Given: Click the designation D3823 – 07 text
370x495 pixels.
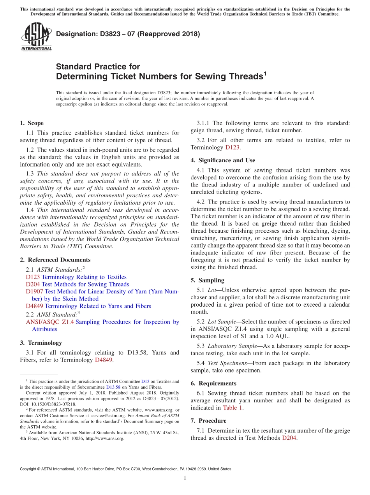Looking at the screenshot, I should coord(128,34).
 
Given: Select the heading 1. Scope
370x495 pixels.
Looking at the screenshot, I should coord(32,123).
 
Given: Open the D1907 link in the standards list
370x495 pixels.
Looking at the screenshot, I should coord(34,291).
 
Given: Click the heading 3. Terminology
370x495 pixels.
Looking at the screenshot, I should coord(41,343).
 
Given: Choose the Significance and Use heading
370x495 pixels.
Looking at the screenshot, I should coord(223,160).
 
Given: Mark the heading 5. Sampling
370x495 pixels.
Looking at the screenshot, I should coord(207,280).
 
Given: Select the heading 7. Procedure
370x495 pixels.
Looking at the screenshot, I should coord(208,421).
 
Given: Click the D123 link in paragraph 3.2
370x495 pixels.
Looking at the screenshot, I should coord(233,147).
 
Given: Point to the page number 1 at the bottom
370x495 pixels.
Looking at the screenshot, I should coord(185,478).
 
